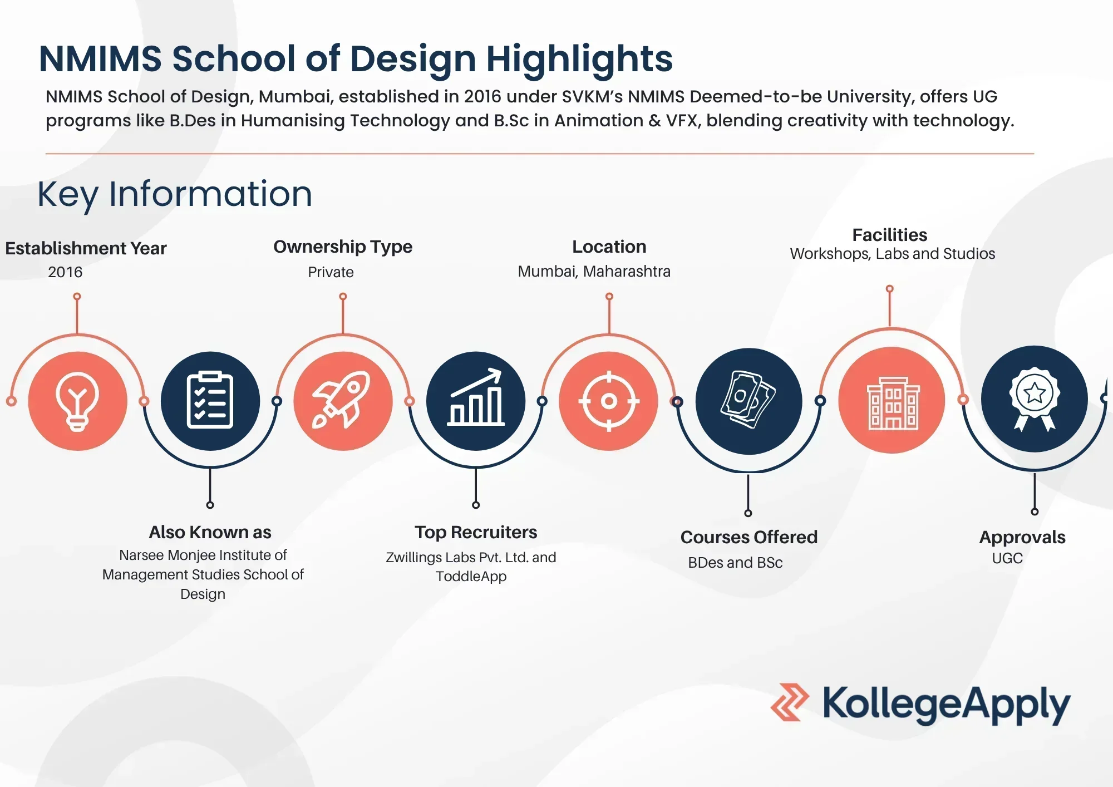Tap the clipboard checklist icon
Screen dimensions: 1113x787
210,400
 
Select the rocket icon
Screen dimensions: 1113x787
342,400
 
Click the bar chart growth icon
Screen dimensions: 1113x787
476,397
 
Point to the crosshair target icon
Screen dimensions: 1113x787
609,401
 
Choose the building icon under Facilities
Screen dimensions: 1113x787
893,403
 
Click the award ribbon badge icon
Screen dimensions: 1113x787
1034,399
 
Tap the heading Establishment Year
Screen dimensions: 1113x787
86,248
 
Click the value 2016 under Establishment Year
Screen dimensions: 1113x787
65,272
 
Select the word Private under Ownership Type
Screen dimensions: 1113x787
331,272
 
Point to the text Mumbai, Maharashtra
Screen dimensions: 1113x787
594,272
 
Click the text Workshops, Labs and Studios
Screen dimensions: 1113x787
892,254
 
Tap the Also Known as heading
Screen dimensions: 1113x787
210,532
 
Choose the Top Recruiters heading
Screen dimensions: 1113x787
476,532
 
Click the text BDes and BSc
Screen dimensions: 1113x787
735,563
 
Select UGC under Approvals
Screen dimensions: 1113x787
1007,558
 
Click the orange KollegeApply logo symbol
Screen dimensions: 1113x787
789,702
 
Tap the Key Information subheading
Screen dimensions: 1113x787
175,194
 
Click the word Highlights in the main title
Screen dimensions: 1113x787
579,59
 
